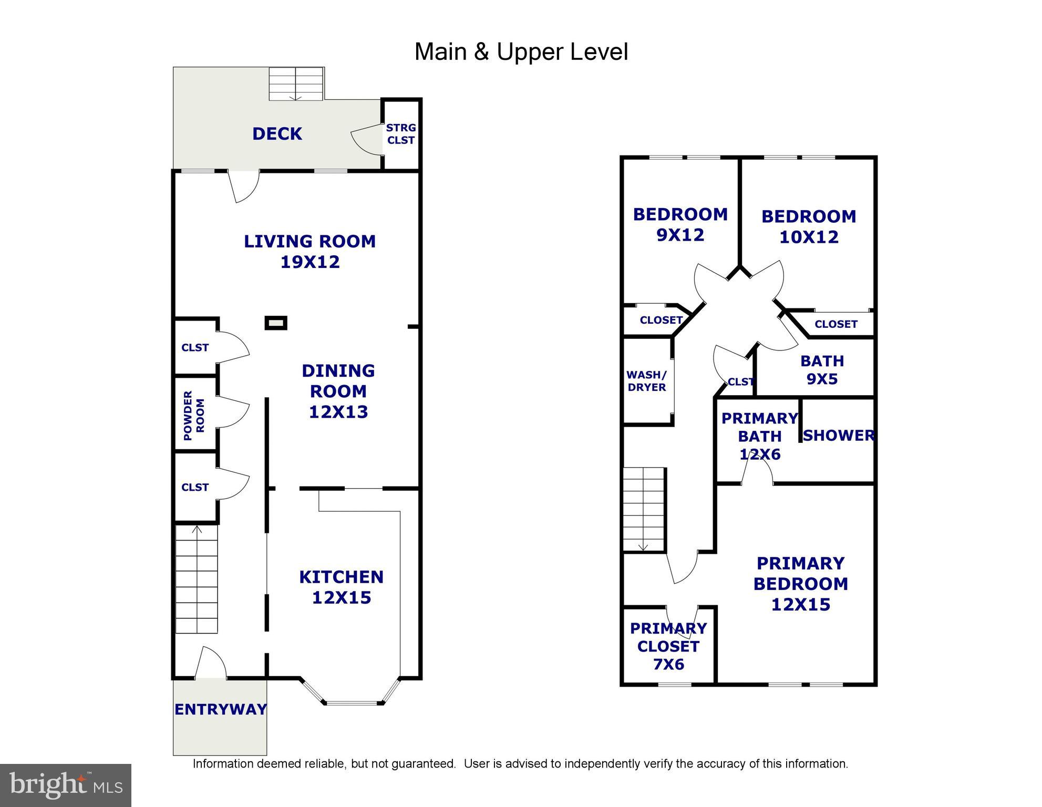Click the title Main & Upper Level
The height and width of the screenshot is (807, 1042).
tap(521, 52)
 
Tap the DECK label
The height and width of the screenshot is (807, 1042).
tap(277, 134)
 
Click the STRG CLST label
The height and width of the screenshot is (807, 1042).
tap(400, 134)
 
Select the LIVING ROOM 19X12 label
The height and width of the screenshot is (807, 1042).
tap(309, 251)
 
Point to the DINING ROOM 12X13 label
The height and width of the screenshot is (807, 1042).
tap(338, 391)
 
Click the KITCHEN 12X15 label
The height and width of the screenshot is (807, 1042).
tap(341, 587)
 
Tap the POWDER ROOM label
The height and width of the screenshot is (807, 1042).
tap(194, 415)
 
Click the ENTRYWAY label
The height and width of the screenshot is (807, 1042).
tap(220, 709)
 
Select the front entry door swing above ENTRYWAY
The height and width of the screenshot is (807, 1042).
tap(212, 663)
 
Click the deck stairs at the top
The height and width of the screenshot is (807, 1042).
tap(296, 84)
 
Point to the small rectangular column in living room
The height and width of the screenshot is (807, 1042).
tap(276, 323)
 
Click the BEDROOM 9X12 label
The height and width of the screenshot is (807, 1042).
tap(680, 224)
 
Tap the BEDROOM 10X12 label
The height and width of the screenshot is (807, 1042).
tap(808, 226)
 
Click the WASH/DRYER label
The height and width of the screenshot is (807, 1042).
tap(646, 381)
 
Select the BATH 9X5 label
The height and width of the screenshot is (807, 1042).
tap(822, 370)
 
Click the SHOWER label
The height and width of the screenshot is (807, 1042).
tap(838, 436)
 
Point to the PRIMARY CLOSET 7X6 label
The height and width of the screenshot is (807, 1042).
tap(668, 646)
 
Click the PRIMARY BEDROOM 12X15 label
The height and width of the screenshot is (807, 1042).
tap(800, 584)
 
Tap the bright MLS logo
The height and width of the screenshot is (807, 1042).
tap(66, 785)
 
